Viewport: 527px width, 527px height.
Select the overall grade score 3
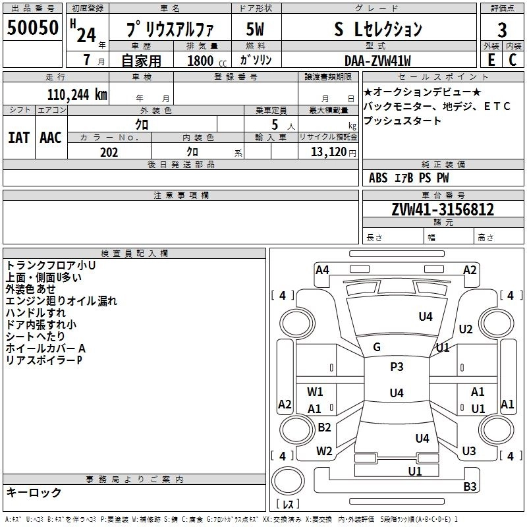502,30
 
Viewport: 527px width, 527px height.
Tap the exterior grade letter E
491,59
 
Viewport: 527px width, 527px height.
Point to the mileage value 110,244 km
77,94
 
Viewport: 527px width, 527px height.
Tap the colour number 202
109,151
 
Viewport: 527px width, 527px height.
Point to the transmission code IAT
18,137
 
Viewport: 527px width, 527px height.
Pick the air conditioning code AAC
51,137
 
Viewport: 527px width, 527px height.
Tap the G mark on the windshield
377,347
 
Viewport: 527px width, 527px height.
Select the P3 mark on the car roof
397,366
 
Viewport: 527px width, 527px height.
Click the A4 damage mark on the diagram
322,269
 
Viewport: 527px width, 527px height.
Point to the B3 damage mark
470,487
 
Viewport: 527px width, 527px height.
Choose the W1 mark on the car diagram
316,391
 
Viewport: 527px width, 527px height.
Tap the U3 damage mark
469,451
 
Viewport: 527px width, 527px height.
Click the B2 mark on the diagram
324,427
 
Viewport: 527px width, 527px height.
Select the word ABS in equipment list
378,178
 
